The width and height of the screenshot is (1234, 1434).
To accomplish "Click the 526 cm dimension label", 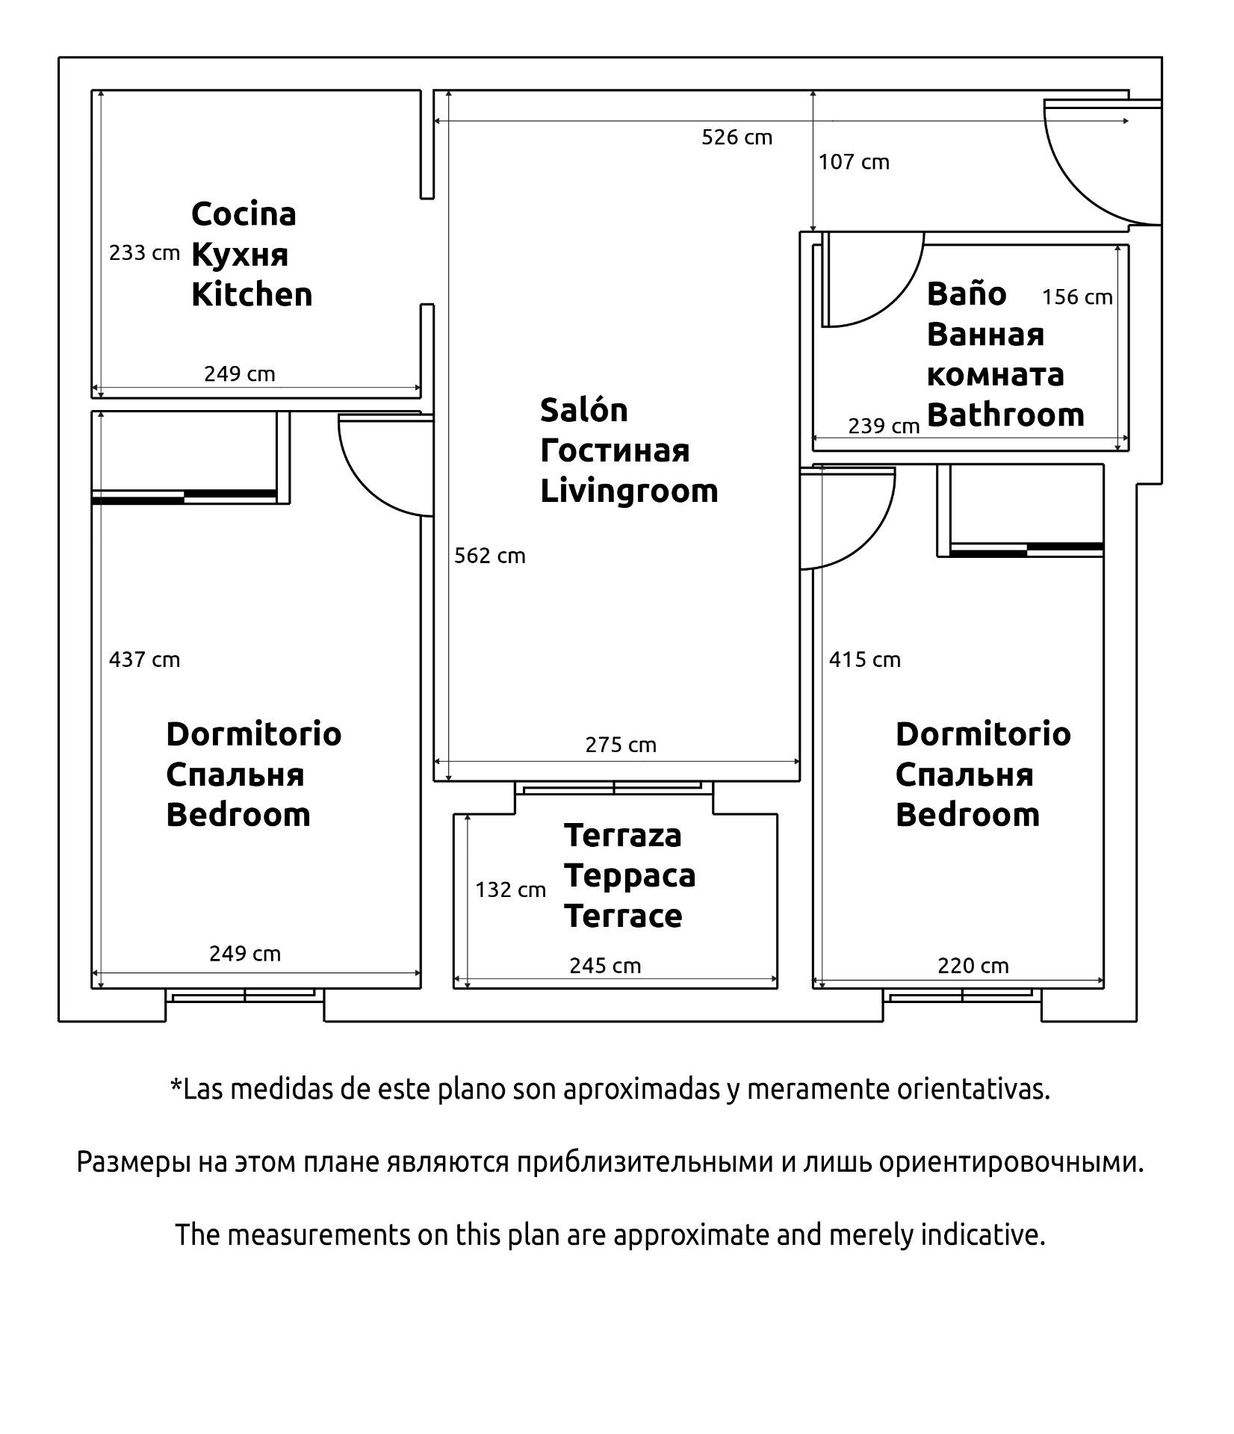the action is pyautogui.click(x=737, y=137).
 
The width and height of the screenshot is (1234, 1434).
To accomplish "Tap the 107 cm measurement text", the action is pyautogui.click(x=854, y=162).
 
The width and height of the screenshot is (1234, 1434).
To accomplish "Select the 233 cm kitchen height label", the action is pyautogui.click(x=145, y=253).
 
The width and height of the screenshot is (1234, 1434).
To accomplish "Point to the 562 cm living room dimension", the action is pyautogui.click(x=490, y=556).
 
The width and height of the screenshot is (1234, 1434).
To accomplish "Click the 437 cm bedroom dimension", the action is pyautogui.click(x=145, y=659).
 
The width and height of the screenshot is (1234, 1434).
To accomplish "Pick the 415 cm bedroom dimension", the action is pyautogui.click(x=865, y=659).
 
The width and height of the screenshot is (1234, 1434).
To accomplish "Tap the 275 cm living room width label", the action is pyautogui.click(x=621, y=745).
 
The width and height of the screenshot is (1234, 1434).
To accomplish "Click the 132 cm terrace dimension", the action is pyautogui.click(x=511, y=890).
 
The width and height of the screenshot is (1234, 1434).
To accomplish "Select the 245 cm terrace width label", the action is pyautogui.click(x=605, y=966).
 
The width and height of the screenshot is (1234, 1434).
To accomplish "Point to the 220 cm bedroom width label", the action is pyautogui.click(x=973, y=966).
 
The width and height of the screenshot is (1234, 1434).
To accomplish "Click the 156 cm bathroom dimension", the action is pyautogui.click(x=1077, y=297).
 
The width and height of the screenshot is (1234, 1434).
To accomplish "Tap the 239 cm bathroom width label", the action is pyautogui.click(x=884, y=426).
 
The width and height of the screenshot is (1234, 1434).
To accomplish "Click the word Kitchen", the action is pyautogui.click(x=252, y=294).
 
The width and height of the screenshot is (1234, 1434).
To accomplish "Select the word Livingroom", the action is pyautogui.click(x=629, y=491).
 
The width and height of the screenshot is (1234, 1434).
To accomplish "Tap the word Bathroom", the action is pyautogui.click(x=1005, y=415).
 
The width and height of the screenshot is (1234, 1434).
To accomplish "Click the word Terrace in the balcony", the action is pyautogui.click(x=623, y=916).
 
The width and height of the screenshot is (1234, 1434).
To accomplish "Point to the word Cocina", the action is pyautogui.click(x=244, y=214).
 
